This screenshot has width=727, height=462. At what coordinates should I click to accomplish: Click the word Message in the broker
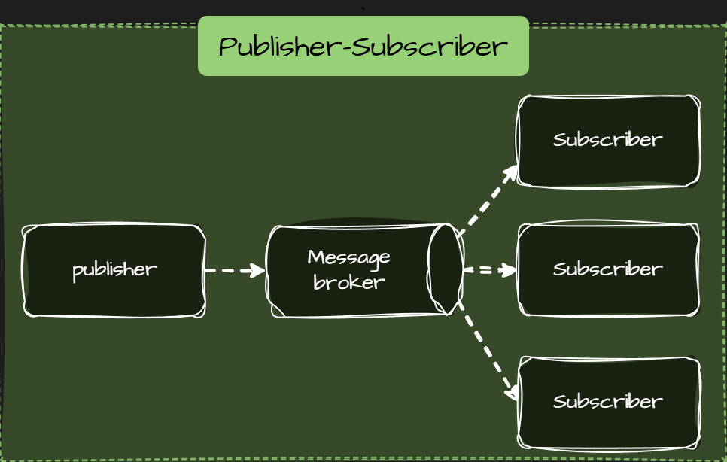(x=349, y=257)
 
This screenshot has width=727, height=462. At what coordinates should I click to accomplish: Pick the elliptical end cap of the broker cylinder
(x=445, y=269)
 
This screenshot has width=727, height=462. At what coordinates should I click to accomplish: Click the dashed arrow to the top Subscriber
(x=485, y=202)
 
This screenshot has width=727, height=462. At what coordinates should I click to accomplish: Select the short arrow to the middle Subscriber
(x=488, y=269)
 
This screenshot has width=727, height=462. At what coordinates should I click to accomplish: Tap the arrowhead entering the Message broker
(x=260, y=270)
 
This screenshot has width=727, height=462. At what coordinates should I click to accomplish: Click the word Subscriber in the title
(x=429, y=47)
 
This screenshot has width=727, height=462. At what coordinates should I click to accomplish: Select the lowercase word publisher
(x=114, y=269)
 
